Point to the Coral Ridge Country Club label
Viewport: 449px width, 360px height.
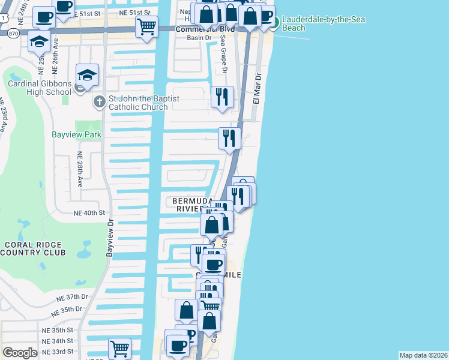(x=33, y=248)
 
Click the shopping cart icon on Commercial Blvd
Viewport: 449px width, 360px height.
(x=146, y=26)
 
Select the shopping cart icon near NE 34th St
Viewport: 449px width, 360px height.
(x=119, y=347)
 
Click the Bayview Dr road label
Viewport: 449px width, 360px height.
(x=110, y=239)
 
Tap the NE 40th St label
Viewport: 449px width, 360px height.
(x=89, y=212)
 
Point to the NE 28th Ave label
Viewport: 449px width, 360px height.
(x=79, y=166)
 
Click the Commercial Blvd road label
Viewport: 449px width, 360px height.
(x=197, y=29)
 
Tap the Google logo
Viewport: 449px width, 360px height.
(x=20, y=353)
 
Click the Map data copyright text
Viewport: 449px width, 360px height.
(x=423, y=355)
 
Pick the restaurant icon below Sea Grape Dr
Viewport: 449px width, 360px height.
(x=223, y=97)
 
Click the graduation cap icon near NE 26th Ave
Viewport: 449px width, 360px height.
(x=39, y=41)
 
